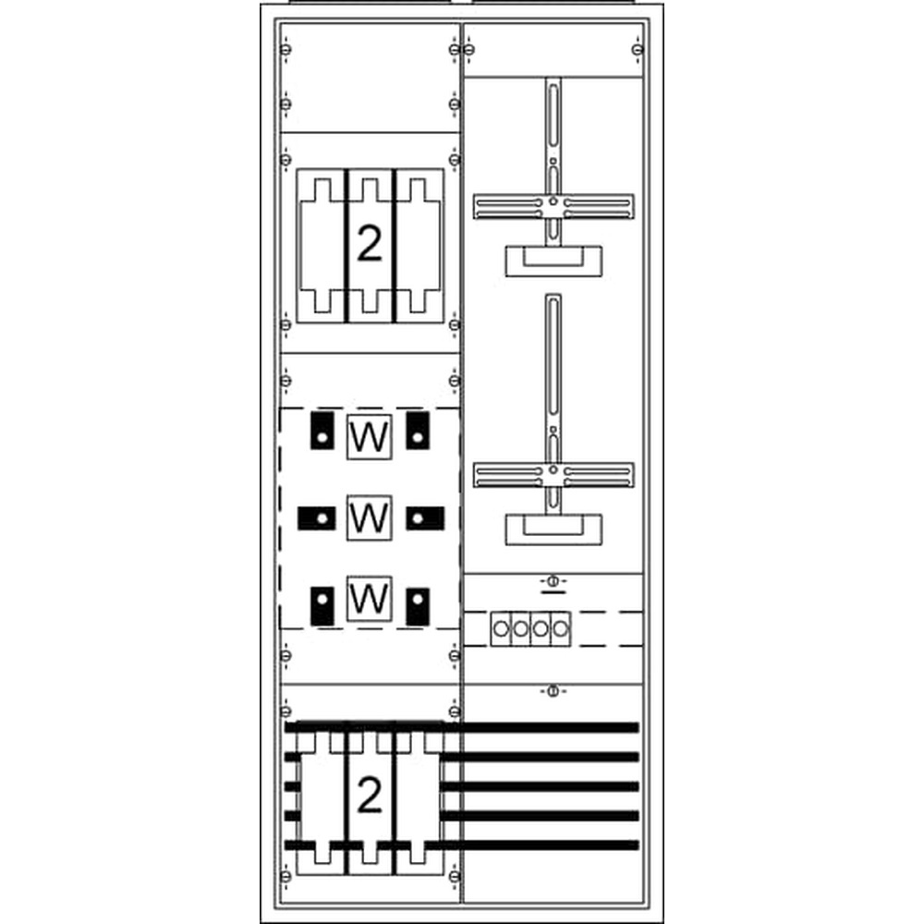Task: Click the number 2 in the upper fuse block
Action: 369,244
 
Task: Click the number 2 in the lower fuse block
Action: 369,796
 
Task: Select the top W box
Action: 369,437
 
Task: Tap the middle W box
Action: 369,517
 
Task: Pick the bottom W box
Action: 369,600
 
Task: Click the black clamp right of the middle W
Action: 425,518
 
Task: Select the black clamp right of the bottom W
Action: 418,607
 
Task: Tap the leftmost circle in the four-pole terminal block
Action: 500,630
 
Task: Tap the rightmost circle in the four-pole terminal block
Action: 559,630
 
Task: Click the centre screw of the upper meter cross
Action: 552,201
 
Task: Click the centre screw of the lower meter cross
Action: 552,470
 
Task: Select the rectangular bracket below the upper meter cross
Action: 553,260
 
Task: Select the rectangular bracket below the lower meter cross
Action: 553,529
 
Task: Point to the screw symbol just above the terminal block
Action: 552,581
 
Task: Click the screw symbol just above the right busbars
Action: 552,690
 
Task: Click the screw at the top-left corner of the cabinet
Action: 286,48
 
